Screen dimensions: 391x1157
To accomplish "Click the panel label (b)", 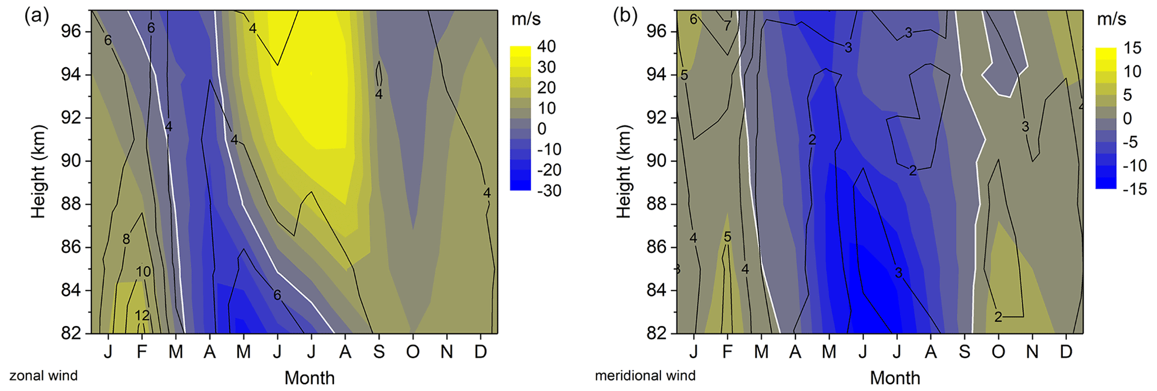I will (625, 16).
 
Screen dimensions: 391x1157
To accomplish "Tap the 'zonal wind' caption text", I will (44, 376).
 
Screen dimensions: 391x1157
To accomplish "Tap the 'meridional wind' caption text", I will (645, 376).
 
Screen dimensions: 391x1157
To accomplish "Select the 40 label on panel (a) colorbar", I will (546, 46).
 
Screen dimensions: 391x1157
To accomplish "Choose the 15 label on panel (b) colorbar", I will (1132, 48).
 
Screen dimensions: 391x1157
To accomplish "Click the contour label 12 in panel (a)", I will (142, 315).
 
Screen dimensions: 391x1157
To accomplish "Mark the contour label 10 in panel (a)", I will (143, 272).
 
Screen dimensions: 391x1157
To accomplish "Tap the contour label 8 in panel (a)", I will (127, 239).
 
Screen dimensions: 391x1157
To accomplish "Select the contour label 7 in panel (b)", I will (727, 25).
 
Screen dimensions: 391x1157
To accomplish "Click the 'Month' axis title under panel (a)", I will (310, 378).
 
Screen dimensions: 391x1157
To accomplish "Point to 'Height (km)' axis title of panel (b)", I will (624, 171).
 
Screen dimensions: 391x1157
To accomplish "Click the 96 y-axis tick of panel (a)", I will (71, 31).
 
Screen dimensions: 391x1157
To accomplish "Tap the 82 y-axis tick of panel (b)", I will (657, 333).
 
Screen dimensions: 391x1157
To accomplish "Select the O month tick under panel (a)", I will (413, 352).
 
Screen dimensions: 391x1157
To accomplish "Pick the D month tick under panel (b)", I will (1066, 352).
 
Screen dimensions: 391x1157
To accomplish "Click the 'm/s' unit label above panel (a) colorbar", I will (526, 19).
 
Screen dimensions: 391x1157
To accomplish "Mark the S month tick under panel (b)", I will (964, 352).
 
